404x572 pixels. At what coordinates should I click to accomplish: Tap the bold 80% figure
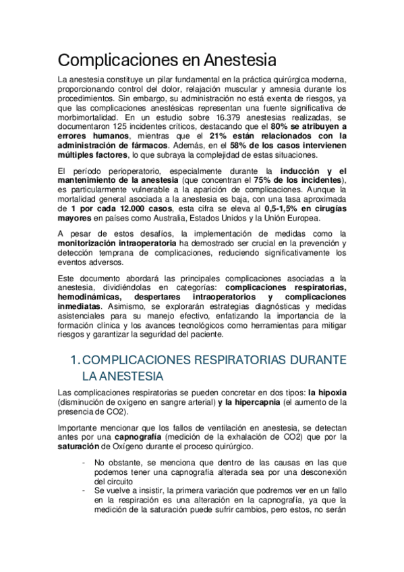[x=281, y=125]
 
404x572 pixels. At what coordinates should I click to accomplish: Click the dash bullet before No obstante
[x=82, y=462]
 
